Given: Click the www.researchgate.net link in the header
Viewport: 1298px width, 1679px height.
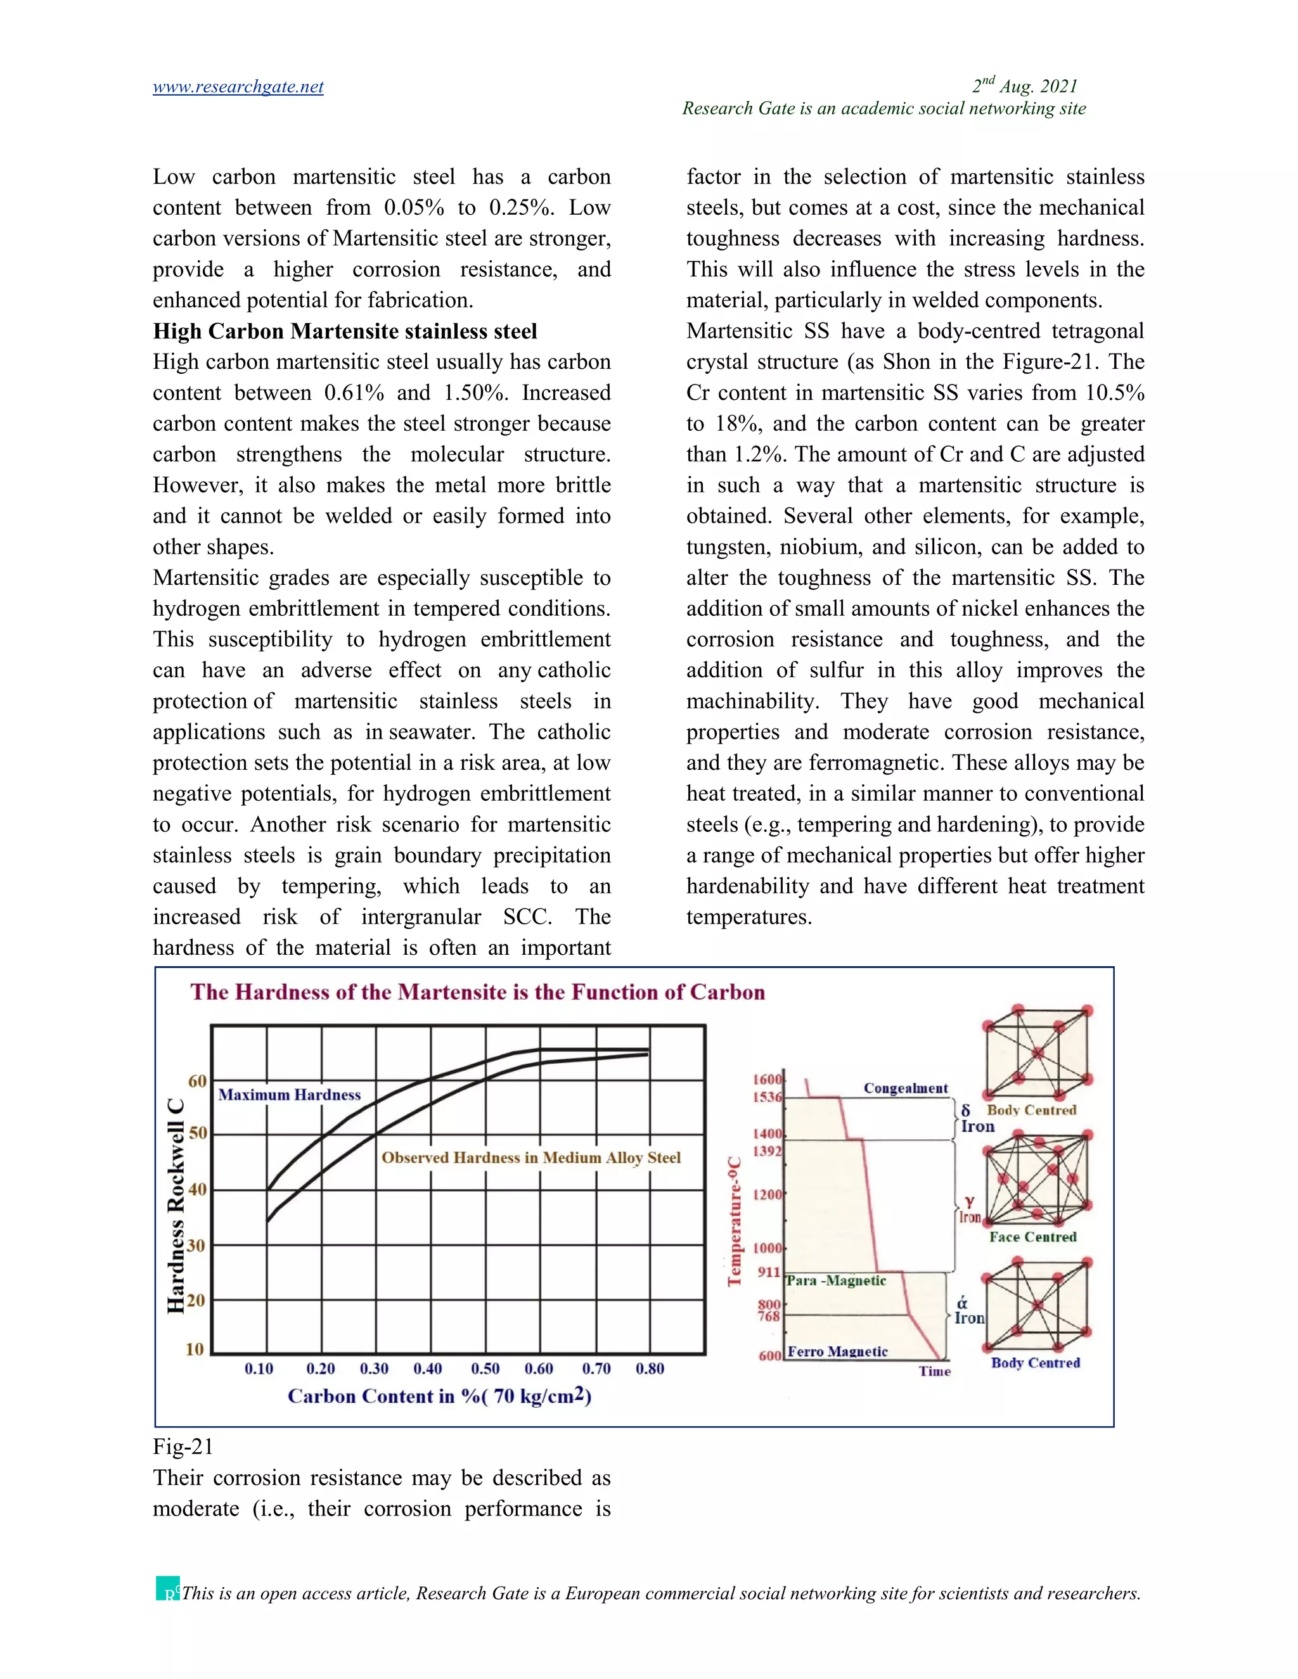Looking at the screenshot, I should [238, 87].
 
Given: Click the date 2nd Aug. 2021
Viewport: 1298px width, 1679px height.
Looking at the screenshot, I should [1024, 86].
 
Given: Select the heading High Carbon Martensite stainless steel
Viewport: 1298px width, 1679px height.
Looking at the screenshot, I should [345, 331].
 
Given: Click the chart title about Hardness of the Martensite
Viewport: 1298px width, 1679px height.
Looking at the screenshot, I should [477, 992].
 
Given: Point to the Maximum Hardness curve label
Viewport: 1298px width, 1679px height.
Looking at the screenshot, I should [289, 1095].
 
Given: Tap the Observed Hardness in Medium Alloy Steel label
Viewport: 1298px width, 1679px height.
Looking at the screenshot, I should [530, 1158].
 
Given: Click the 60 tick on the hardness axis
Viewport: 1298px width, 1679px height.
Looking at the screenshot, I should [198, 1081].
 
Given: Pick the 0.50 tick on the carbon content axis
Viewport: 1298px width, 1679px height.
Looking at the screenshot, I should [485, 1369].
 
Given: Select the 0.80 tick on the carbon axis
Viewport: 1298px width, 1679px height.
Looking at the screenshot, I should [650, 1369].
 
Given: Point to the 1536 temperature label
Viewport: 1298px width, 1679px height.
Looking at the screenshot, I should [767, 1097].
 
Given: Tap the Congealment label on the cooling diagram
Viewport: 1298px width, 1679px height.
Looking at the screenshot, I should [905, 1088].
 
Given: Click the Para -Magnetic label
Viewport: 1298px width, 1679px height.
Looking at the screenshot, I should [836, 1280].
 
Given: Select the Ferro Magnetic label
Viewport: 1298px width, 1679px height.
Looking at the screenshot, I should [837, 1351].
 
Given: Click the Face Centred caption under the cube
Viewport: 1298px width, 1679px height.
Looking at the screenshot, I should [1032, 1237].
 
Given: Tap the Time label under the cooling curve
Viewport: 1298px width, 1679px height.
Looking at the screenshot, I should [934, 1372].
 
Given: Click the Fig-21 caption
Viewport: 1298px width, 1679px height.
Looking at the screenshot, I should [183, 1447].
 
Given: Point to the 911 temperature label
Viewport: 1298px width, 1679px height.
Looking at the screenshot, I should [769, 1272].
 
